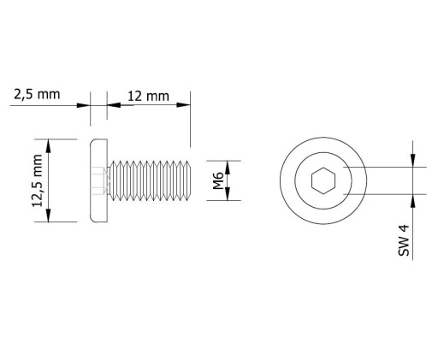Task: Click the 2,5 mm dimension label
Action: [37, 94]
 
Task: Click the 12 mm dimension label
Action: [148, 97]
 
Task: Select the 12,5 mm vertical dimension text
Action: [38, 180]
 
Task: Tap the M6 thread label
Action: [218, 180]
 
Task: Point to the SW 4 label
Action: [404, 240]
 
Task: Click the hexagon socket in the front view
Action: [323, 180]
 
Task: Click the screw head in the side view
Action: [98, 180]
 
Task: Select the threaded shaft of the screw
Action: [149, 180]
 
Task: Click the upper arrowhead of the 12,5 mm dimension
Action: [49, 145]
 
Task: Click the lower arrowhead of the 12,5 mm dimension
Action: [49, 215]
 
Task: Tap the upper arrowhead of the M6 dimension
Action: [228, 168]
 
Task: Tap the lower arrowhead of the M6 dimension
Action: [228, 194]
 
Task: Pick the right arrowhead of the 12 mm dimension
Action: [183, 105]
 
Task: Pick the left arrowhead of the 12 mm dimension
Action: [114, 105]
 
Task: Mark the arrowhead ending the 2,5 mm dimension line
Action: [83, 105]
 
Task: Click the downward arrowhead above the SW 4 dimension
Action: [413, 161]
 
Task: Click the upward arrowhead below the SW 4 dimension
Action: [413, 201]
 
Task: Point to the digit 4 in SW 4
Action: [404, 228]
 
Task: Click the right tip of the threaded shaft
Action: [191, 180]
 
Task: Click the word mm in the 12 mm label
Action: [157, 97]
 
